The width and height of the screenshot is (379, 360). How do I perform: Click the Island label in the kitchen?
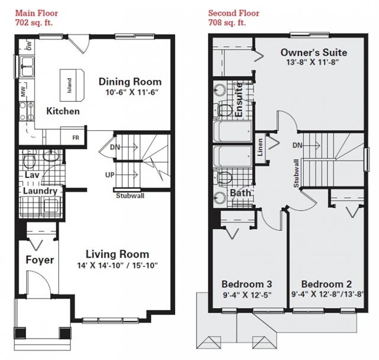[69, 85]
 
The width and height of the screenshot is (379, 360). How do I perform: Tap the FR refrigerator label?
[76, 138]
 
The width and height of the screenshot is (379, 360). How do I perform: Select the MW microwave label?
[23, 91]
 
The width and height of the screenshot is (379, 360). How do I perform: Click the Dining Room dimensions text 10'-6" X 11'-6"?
[131, 92]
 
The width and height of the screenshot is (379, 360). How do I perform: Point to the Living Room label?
[117, 254]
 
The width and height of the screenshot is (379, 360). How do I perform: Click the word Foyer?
[40, 260]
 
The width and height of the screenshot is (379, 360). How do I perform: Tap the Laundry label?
[40, 191]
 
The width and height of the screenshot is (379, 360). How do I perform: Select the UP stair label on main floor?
[110, 175]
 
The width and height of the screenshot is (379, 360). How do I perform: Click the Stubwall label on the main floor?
[130, 195]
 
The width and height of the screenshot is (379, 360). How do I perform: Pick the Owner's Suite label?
[314, 53]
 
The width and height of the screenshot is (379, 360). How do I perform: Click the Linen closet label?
[260, 147]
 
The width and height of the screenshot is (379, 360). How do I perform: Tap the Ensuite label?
[239, 100]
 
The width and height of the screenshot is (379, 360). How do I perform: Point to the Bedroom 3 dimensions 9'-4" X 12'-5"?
[247, 295]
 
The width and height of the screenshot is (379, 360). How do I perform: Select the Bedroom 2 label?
[326, 284]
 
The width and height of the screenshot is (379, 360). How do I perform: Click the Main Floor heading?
[37, 13]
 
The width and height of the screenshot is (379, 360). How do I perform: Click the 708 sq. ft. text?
[227, 22]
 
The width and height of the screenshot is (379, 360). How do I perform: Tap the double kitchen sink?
[27, 66]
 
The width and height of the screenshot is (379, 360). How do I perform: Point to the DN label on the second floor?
[297, 145]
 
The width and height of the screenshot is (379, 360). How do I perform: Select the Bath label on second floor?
[240, 193]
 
